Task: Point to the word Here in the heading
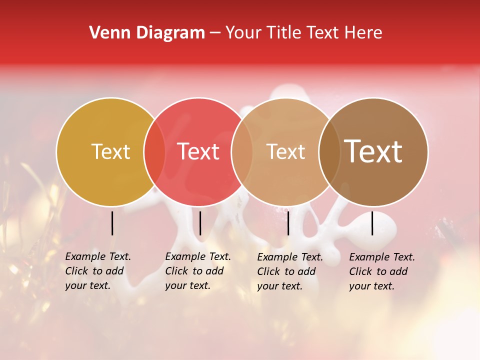tap(363, 33)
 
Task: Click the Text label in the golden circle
tap(110, 151)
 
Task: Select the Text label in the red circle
tap(198, 151)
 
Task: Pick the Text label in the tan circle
tap(285, 151)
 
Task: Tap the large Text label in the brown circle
tap(373, 151)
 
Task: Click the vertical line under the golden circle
tap(112, 223)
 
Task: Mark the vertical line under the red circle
tap(200, 223)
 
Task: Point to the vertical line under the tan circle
tap(288, 223)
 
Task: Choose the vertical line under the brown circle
tap(372, 223)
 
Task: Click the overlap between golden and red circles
tap(154, 151)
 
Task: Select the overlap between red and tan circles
tap(242, 151)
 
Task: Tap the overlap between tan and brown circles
tap(329, 151)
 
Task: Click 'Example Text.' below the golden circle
tap(98, 256)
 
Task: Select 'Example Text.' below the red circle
tap(198, 256)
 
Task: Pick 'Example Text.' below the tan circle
tap(290, 257)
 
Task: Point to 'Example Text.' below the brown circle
tap(382, 257)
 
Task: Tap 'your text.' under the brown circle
tap(372, 286)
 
